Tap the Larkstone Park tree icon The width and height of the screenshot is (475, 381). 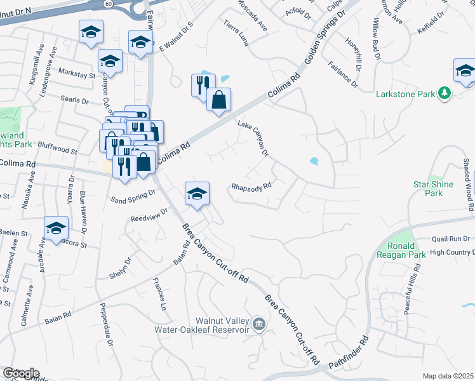(x=445, y=94)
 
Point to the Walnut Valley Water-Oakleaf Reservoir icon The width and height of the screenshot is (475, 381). (x=258, y=324)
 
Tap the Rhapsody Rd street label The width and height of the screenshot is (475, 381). (x=251, y=187)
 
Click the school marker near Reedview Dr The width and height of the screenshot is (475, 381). (x=197, y=194)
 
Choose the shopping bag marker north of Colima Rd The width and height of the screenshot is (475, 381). (x=218, y=100)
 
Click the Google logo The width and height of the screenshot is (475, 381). (x=21, y=373)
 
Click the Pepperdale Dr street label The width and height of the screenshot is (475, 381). (x=105, y=328)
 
